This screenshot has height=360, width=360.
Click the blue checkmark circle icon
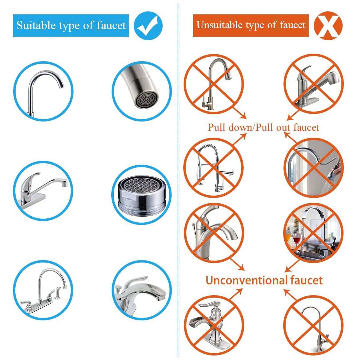pos(148,26)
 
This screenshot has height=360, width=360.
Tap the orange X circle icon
pos(328,25)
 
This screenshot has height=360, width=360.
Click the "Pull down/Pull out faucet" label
pos(263,127)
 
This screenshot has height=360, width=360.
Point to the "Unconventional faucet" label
pos(264,280)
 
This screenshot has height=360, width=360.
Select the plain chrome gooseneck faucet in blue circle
pos(43,91)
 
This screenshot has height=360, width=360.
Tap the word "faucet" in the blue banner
pos(111,25)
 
